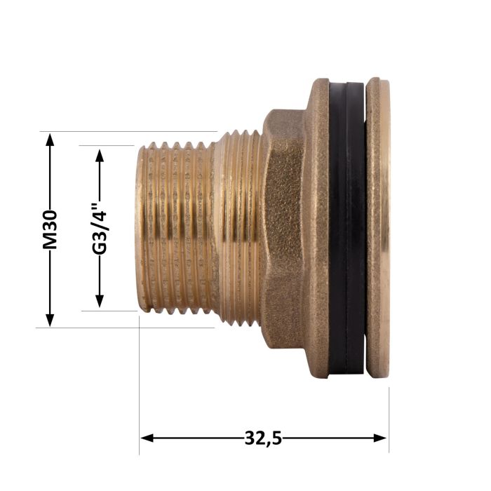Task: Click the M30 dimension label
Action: tap(49, 230)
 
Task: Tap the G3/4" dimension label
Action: tap(100, 229)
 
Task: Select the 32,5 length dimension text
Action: tap(263, 438)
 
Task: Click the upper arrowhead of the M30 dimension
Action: tap(49, 138)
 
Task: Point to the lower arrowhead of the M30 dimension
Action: tap(49, 321)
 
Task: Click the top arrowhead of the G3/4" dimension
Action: tap(100, 154)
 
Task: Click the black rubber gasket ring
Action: tap(347, 228)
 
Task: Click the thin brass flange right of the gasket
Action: tap(379, 228)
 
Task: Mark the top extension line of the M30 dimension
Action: tap(126, 131)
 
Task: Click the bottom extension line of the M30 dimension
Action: tap(126, 328)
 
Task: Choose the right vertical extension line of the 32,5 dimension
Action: tap(389, 407)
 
